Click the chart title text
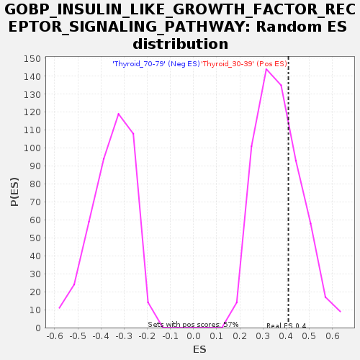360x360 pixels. [180, 27]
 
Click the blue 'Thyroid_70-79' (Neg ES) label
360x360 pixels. [156, 64]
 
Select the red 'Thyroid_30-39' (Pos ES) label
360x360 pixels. [244, 64]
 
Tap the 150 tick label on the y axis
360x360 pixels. [32, 59]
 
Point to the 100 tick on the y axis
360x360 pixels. [32, 148]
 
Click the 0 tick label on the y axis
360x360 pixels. [38, 328]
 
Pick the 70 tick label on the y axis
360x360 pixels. [35, 202]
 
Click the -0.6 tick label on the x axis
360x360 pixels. [55, 336]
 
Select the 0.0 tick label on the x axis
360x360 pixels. [194, 336]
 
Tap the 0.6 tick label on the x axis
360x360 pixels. [333, 336]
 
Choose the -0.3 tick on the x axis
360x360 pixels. [124, 336]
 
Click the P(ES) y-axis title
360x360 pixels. [14, 192]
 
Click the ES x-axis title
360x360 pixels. [199, 349]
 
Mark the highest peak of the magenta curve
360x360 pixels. [266, 69]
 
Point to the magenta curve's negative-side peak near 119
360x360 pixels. [118, 114]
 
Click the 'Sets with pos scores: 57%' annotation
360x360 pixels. [193, 325]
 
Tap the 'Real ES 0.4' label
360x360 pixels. [287, 325]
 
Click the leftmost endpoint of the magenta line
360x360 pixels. [59, 308]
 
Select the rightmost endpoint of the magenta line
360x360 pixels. [341, 312]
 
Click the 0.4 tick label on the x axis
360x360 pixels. [286, 336]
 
